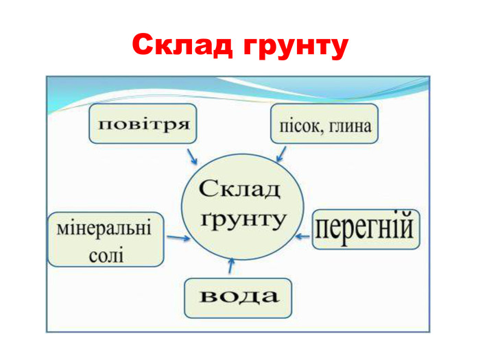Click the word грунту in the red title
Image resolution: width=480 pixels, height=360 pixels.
coord(295,47)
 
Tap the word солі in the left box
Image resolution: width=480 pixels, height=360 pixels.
coord(107,254)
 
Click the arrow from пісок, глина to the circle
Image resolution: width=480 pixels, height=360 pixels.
coord(281,153)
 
